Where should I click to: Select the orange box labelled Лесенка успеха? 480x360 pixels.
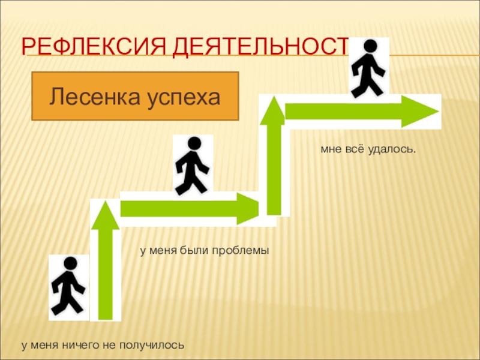[x=135, y=96]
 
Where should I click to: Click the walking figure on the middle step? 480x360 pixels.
[x=193, y=166]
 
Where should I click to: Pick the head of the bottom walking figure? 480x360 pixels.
[x=71, y=263]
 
